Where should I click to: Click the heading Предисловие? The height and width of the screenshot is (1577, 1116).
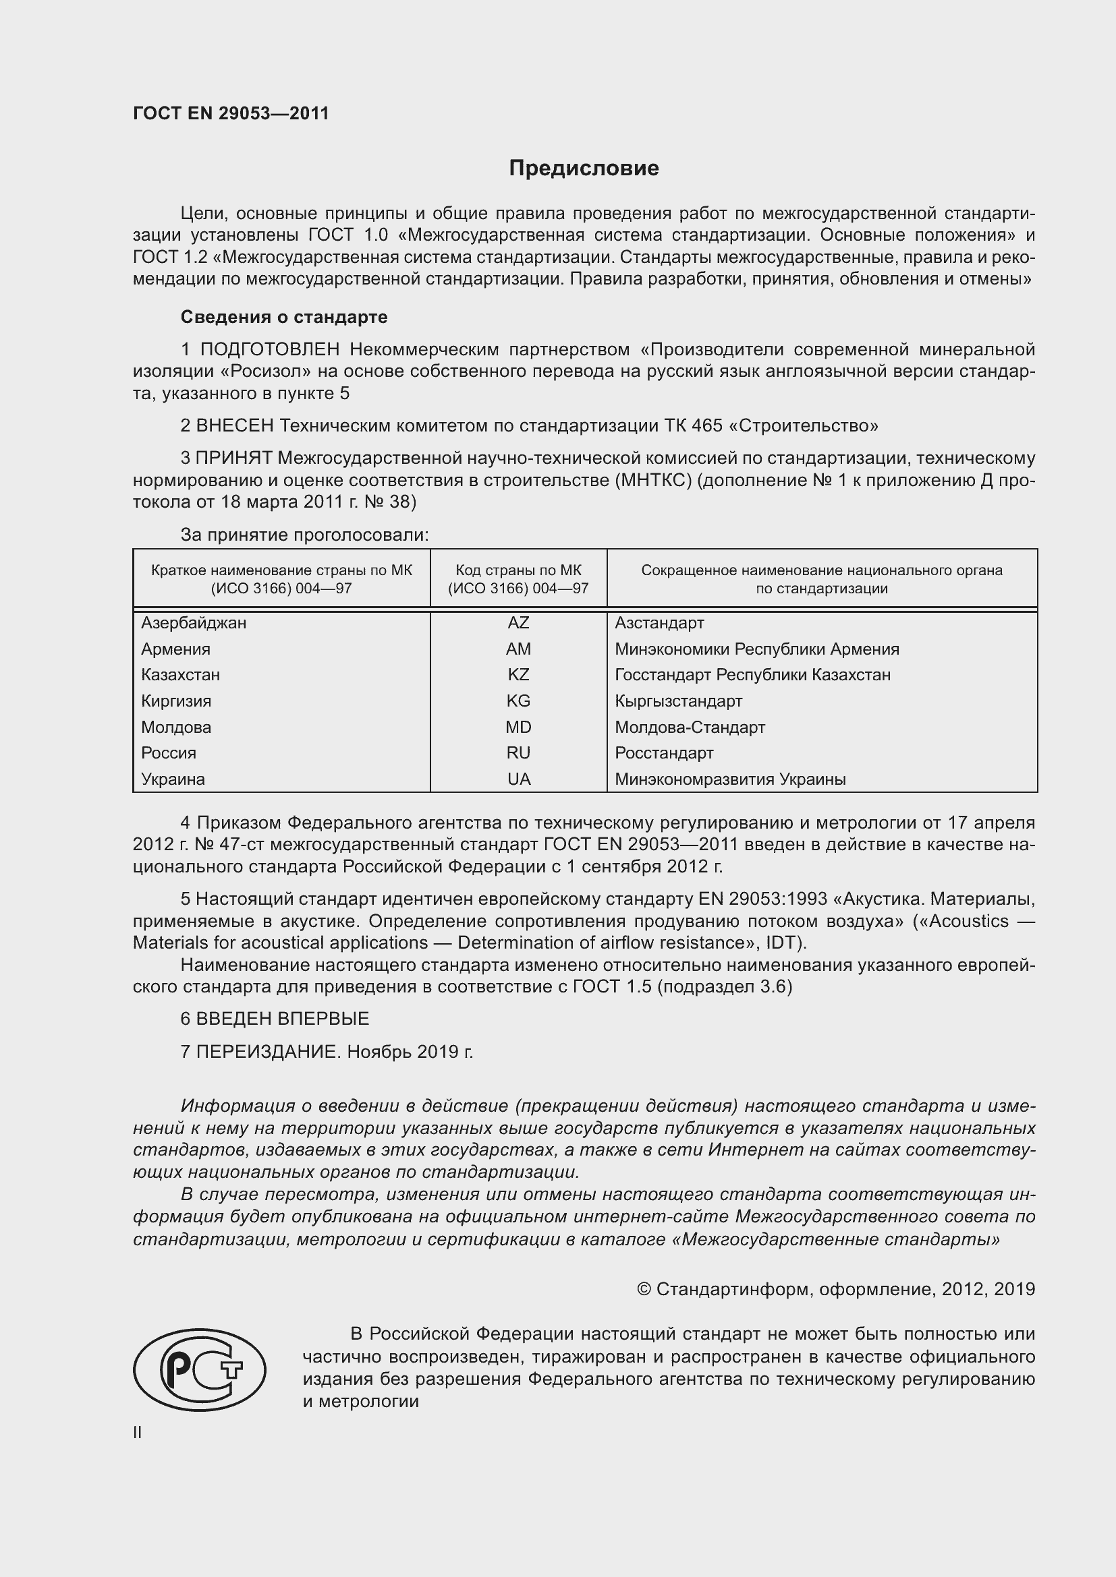click(x=584, y=169)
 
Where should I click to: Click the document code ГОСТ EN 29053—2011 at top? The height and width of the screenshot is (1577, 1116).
click(x=231, y=113)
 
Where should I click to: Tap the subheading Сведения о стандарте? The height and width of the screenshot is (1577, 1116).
click(x=284, y=318)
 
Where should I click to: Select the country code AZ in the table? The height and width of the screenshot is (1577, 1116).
click(x=518, y=623)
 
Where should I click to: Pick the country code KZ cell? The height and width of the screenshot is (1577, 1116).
click(x=518, y=674)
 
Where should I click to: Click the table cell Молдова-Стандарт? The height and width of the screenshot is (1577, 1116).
click(x=690, y=727)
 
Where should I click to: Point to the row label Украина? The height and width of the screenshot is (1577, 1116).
click(x=173, y=779)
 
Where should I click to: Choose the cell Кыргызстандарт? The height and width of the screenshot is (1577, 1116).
click(x=678, y=701)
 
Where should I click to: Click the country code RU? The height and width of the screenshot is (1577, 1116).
click(x=518, y=753)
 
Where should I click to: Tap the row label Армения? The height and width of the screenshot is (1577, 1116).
click(x=176, y=649)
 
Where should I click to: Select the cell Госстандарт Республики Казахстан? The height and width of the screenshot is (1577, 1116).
click(x=752, y=674)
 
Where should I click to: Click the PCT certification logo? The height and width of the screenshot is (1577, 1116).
click(x=199, y=1369)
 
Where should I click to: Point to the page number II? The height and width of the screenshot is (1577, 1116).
click(x=138, y=1433)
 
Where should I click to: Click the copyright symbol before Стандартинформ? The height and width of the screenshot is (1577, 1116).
click(x=644, y=1289)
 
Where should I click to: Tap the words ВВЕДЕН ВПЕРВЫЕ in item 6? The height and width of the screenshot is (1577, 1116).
click(x=283, y=1019)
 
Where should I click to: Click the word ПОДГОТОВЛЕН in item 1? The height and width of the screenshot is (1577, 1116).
click(x=269, y=350)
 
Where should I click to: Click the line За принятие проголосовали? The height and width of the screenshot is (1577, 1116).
click(x=304, y=535)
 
